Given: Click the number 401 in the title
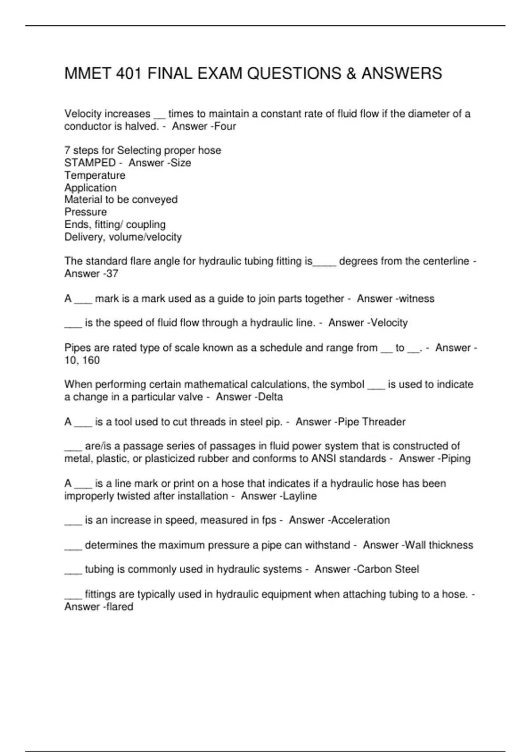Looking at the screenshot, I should pos(129,73).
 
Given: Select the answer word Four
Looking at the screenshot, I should pos(225,127).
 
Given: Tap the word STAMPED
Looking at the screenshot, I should pos(90,163).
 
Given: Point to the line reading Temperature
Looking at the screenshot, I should pos(95,175).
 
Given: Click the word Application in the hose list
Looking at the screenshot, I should pos(90,188).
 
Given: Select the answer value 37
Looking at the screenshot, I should pos(112,274).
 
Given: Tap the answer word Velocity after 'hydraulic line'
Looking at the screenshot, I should pos(389,323).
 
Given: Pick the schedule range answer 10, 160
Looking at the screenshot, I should pos(82,360).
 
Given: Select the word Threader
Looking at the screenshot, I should pos(384,422).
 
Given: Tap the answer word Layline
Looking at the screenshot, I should pos(300,496).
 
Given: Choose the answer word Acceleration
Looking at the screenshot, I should pos(361,520).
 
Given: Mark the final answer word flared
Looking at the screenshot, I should pos(120,606).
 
